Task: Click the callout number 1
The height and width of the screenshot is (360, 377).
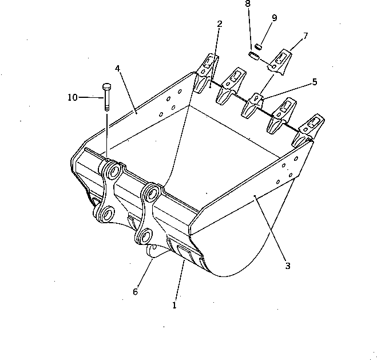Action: pyautogui.click(x=174, y=305)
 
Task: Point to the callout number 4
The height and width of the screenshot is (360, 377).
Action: pyautogui.click(x=117, y=68)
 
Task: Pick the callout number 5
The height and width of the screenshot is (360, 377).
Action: pyautogui.click(x=314, y=82)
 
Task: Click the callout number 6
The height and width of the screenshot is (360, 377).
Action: pyautogui.click(x=135, y=291)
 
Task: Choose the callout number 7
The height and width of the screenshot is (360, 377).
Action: pyautogui.click(x=305, y=36)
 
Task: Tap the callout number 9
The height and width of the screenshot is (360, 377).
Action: pyautogui.click(x=274, y=18)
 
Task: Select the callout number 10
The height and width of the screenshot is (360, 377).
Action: pyautogui.click(x=73, y=97)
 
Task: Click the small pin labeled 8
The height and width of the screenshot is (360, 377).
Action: pyautogui.click(x=254, y=56)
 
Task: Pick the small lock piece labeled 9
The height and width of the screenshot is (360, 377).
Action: pyautogui.click(x=259, y=46)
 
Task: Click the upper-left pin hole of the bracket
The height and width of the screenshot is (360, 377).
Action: pyautogui.click(x=111, y=172)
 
